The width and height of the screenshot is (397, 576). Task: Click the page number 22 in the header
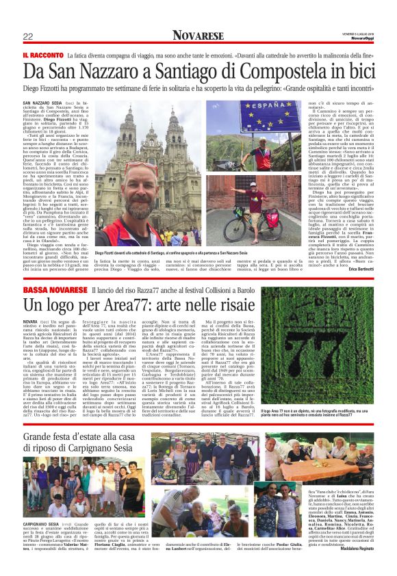point(28,36)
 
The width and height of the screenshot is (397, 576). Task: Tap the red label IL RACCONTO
point(43,55)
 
